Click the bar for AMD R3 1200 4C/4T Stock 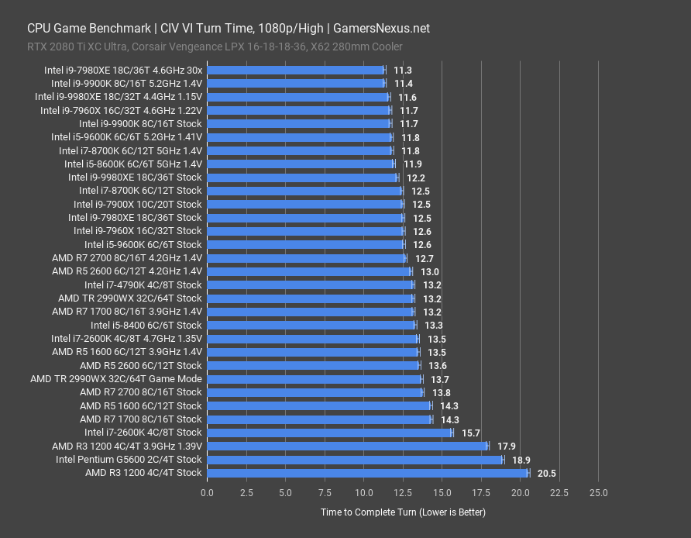tap(367, 473)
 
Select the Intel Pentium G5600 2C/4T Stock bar tap(355, 460)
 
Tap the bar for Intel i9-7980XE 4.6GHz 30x tap(296, 70)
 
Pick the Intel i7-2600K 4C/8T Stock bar tap(330, 433)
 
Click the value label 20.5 tap(547, 473)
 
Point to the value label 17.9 tap(507, 447)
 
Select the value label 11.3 tap(403, 70)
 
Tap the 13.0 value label tap(430, 271)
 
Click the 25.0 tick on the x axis tap(598, 493)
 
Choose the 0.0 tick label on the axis tap(208, 493)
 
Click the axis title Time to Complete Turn tap(403, 512)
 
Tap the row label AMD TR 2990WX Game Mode tap(116, 379)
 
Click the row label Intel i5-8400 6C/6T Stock tap(146, 326)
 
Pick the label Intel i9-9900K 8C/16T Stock tap(140, 124)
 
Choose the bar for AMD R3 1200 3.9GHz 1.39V tap(347, 447)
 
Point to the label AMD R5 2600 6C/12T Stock tap(140, 366)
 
